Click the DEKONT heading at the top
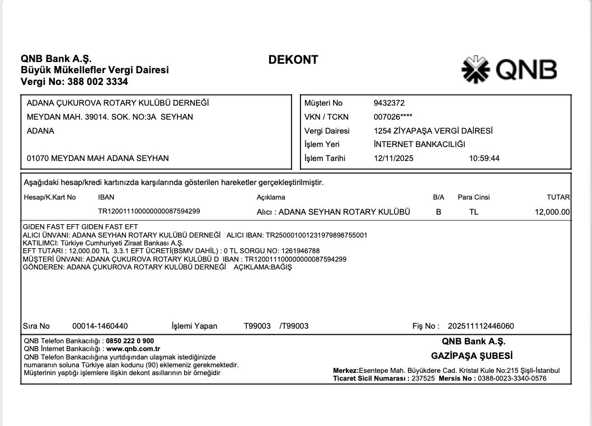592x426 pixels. coord(293,60)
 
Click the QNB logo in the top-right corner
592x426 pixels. coord(509,70)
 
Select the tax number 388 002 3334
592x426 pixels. coord(97,82)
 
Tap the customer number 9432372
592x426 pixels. coord(389,103)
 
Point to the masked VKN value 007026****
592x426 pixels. coord(393,117)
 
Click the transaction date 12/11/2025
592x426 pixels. coord(393,158)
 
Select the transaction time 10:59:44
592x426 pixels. coord(484,158)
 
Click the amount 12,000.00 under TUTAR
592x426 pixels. coord(552,212)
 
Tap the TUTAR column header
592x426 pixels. coord(558,197)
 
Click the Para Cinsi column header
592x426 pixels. coord(474,197)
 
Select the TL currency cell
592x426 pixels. coord(474,212)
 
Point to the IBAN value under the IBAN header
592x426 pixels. coord(149,211)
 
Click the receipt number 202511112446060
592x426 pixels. coord(477,326)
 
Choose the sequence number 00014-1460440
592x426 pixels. coord(100,326)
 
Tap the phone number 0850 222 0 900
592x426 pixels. coord(130,340)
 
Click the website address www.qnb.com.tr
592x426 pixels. coord(129,348)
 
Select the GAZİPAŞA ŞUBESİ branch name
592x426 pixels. coord(472,356)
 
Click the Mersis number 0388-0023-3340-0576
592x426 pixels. coord(512,378)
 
